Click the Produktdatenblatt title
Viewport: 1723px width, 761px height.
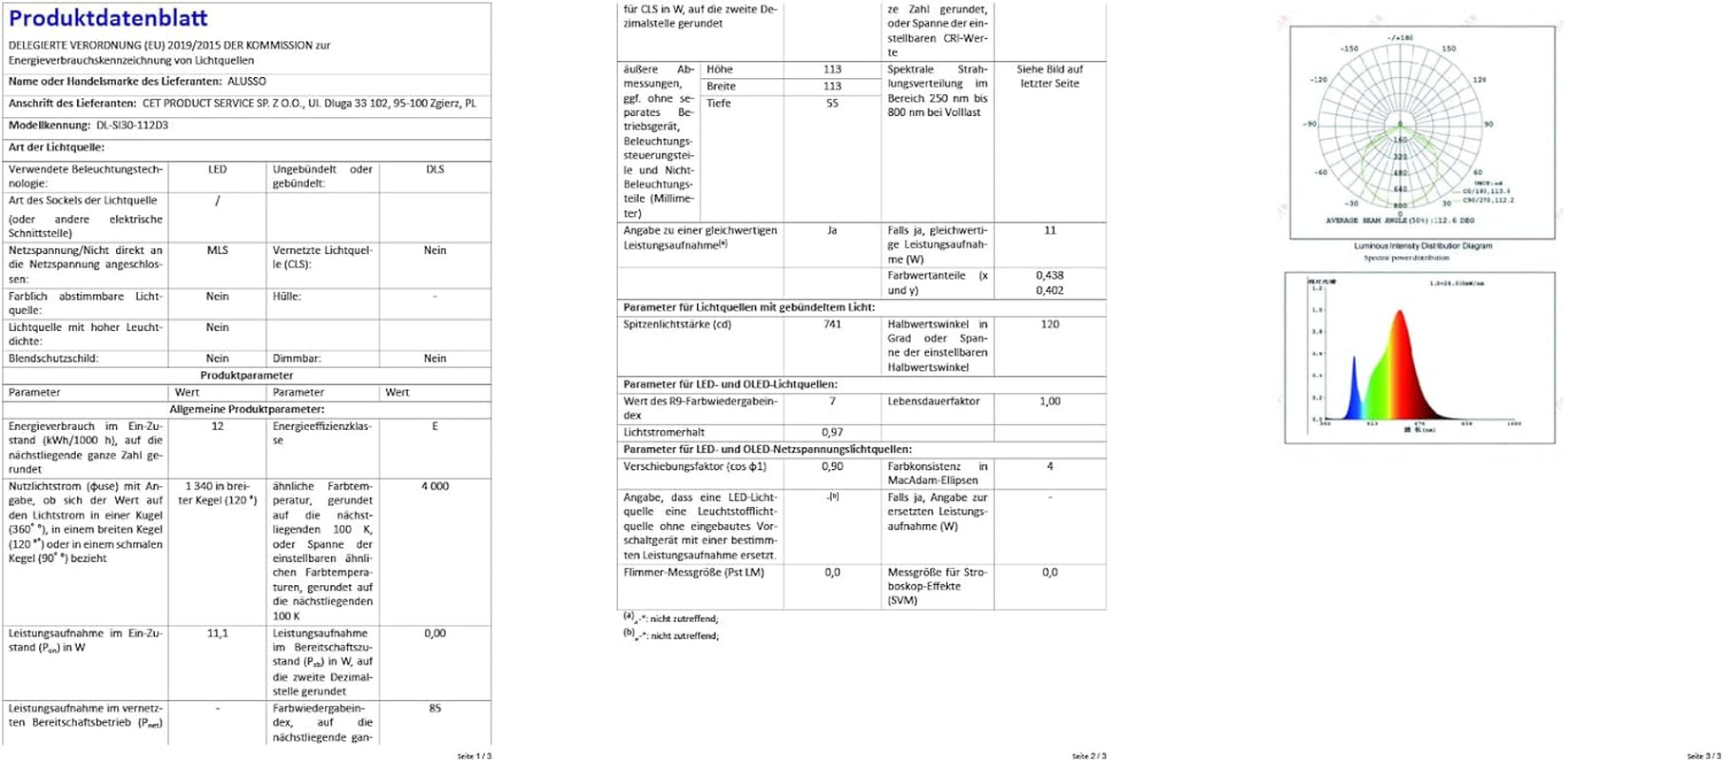point(107,18)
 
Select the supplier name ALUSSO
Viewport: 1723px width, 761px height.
point(247,82)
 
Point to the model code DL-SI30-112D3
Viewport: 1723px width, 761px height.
point(132,126)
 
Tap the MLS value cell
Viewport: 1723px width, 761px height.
point(218,250)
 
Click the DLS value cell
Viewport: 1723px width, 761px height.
point(435,169)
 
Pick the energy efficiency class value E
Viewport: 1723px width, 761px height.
point(435,426)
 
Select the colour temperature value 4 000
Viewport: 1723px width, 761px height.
point(435,486)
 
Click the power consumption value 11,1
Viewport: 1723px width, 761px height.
point(218,633)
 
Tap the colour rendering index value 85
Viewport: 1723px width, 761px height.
point(435,708)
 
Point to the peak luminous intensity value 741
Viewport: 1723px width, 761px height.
point(832,324)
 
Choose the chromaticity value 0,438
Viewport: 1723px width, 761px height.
point(1050,275)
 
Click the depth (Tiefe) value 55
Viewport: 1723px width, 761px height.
point(832,103)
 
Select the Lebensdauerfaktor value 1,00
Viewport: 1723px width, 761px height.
point(1050,401)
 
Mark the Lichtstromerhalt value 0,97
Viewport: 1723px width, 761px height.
point(832,432)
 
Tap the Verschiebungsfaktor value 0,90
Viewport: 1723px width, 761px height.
point(832,466)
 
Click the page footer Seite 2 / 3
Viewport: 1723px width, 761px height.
point(1089,756)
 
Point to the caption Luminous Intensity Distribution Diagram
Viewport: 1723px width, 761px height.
point(1423,245)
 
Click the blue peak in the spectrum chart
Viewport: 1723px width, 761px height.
point(1354,361)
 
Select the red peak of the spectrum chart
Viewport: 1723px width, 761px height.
point(1400,314)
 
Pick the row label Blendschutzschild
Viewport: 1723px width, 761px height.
point(53,359)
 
